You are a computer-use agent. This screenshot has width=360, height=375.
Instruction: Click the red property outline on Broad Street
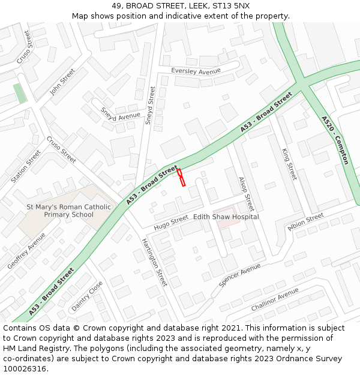[181, 178]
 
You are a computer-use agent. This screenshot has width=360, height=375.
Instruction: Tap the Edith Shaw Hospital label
[225, 217]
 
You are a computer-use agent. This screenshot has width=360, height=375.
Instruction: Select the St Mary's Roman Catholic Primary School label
[68, 211]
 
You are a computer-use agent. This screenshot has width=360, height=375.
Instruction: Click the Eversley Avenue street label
[196, 71]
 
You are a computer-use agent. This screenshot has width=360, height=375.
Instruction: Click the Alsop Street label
[247, 194]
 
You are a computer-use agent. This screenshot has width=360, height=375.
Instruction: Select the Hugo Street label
[171, 223]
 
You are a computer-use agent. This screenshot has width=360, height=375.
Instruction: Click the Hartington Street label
[154, 262]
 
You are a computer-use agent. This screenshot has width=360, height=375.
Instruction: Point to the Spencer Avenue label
[239, 274]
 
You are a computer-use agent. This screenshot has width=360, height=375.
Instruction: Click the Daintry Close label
[87, 296]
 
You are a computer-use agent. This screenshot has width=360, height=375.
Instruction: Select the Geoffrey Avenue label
[26, 251]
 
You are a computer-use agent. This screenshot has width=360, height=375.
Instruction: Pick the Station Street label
[26, 166]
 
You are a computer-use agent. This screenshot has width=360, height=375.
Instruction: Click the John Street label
[62, 82]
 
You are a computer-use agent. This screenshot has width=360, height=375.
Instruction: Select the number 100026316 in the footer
[25, 368]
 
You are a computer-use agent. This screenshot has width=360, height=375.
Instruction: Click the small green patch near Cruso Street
[20, 94]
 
